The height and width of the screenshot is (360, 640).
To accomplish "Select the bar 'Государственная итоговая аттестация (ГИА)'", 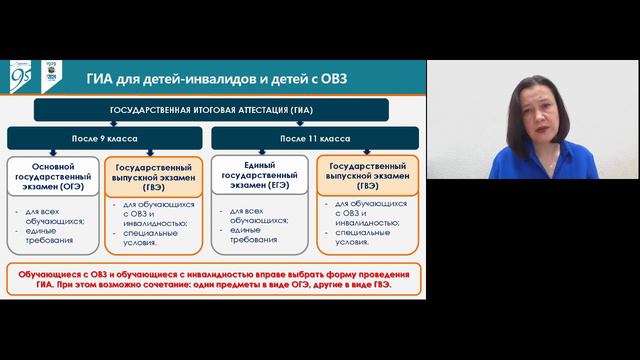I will pos(214,110).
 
